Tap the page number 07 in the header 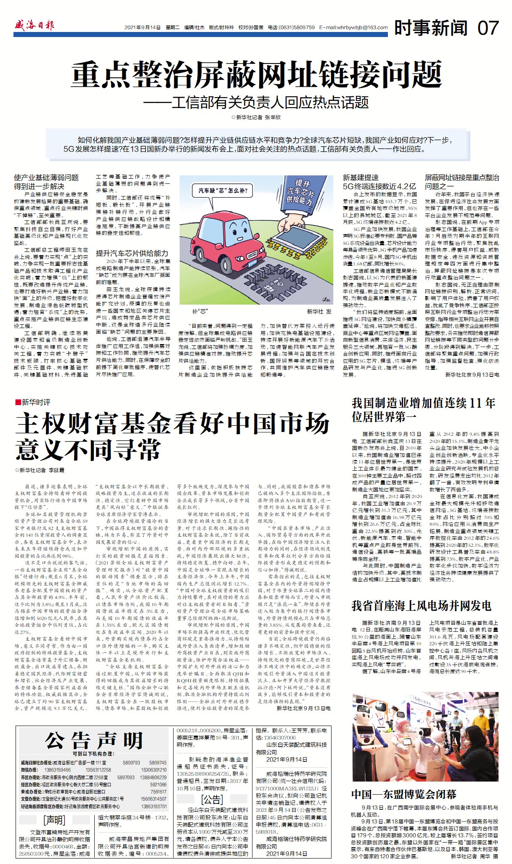[488, 28]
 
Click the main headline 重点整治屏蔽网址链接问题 [256, 74]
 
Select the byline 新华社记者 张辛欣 [256, 117]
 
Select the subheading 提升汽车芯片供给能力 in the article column [132, 253]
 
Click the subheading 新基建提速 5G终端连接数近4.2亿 [379, 182]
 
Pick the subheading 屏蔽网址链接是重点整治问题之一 [462, 182]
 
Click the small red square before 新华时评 [18, 402]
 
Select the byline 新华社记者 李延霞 [40, 470]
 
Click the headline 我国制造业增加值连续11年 [423, 403]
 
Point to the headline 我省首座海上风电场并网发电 [421, 605]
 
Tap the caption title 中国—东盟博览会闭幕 [403, 794]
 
